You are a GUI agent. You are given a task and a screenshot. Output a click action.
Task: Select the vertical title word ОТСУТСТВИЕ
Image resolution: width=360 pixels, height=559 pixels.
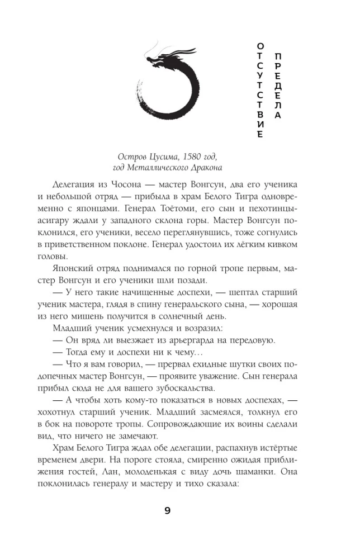259,89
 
